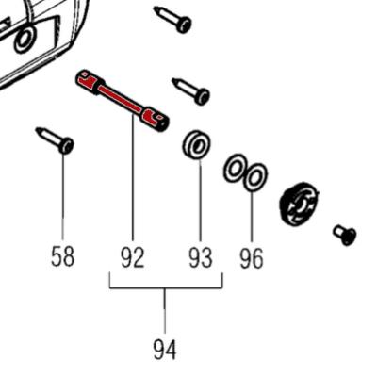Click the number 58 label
point(62,255)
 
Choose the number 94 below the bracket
point(165,350)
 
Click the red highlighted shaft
point(123,98)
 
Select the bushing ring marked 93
point(197,145)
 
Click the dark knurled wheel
point(300,203)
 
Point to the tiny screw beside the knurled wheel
point(345,234)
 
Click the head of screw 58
point(65,145)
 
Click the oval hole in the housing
point(25,37)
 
